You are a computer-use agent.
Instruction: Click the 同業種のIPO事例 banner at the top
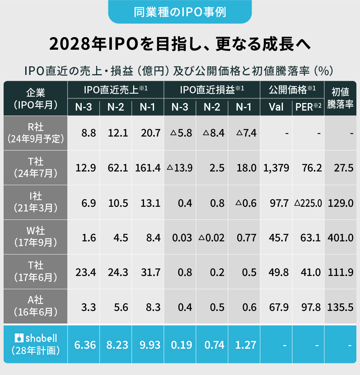point(180,12)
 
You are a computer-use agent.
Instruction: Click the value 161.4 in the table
point(148,168)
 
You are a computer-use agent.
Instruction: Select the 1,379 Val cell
point(276,168)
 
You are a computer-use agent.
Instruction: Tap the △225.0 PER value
point(308,203)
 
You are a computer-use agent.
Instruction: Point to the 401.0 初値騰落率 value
point(340,238)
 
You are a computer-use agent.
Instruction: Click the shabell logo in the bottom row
point(36,338)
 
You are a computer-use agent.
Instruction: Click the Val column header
point(276,107)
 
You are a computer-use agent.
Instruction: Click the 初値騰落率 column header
point(340,98)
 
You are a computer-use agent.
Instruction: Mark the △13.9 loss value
point(180,168)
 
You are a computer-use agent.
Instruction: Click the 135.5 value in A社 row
point(340,307)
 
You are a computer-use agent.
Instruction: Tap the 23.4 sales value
point(86,273)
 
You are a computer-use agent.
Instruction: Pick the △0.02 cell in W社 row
point(212,238)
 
